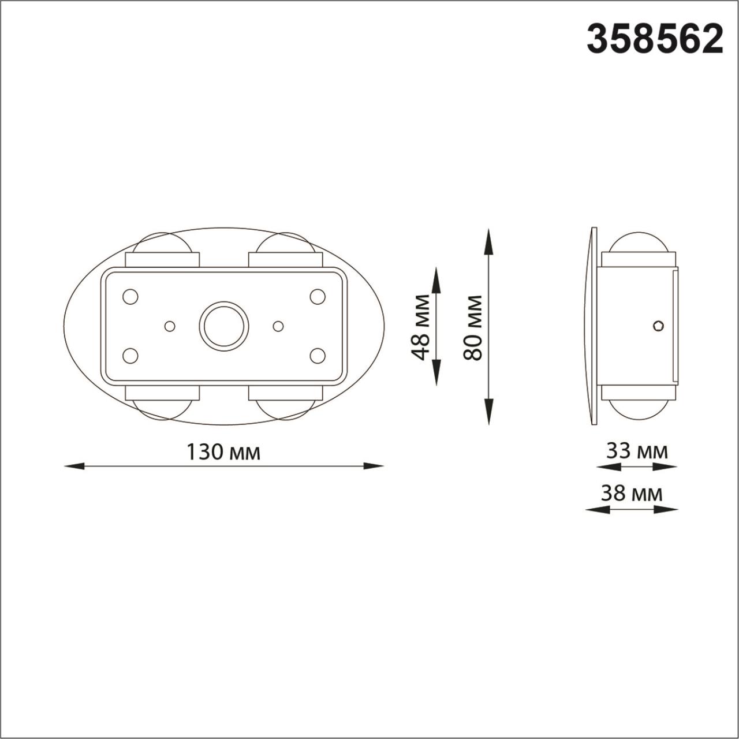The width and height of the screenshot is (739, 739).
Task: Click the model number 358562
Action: pyautogui.click(x=655, y=39)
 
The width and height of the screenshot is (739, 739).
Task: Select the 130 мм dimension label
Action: pyautogui.click(x=223, y=452)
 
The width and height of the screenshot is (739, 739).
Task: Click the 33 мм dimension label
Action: pyautogui.click(x=636, y=450)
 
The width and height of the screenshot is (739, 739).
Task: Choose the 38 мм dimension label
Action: pyautogui.click(x=631, y=494)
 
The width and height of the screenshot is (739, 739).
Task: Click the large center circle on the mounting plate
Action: pyautogui.click(x=224, y=326)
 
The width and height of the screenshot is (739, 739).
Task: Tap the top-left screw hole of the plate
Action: pyautogui.click(x=130, y=297)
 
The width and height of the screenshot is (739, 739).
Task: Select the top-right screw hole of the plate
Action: pyautogui.click(x=318, y=297)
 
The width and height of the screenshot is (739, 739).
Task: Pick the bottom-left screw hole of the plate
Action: pyautogui.click(x=130, y=355)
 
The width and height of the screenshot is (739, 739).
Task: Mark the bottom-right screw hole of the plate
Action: pyautogui.click(x=318, y=355)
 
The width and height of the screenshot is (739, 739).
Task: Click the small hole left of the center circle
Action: pyautogui.click(x=170, y=326)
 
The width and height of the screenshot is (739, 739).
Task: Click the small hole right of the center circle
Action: pyautogui.click(x=278, y=326)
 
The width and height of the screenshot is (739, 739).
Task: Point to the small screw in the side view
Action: pyautogui.click(x=658, y=326)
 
